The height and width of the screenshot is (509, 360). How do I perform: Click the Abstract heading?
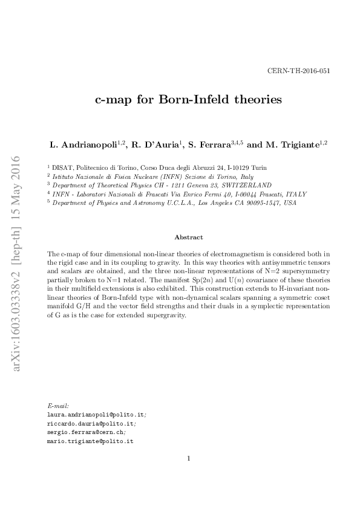coord(188,238)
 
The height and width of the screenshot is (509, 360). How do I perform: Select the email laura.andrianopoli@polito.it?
coord(96,415)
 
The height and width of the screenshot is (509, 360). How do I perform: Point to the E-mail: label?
coord(58,407)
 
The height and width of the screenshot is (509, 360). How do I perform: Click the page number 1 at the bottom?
coord(189,458)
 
